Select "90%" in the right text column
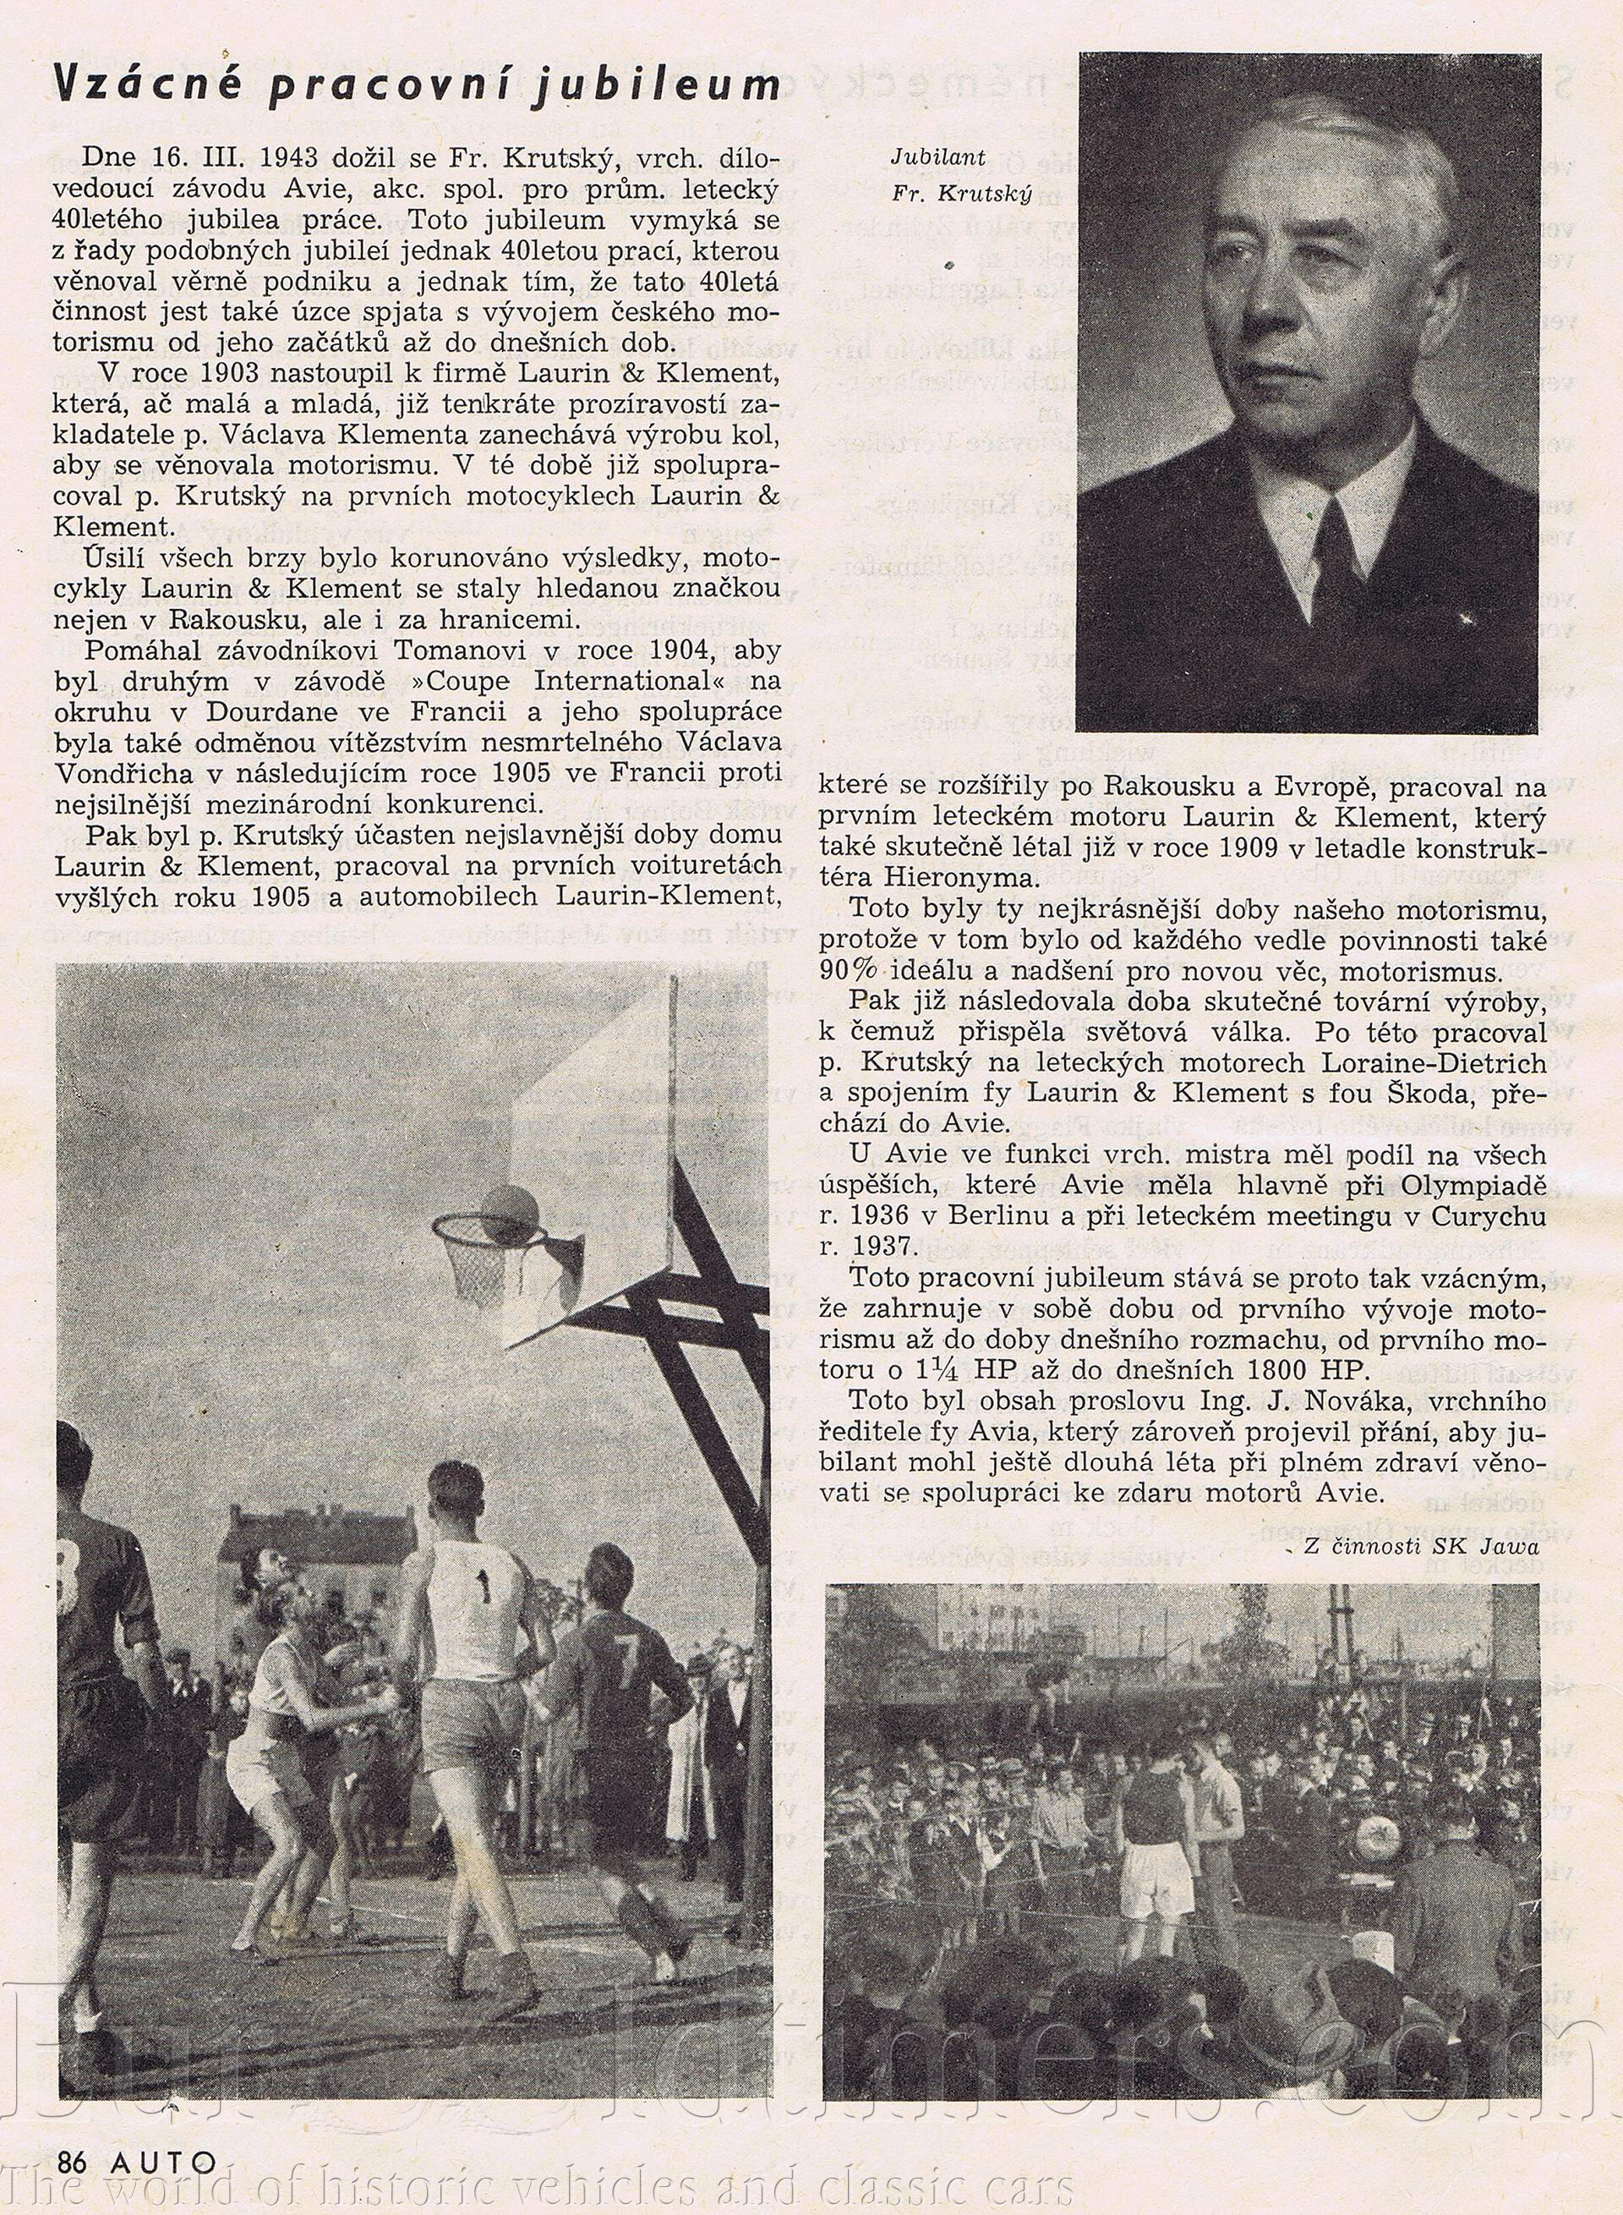coord(850,969)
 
